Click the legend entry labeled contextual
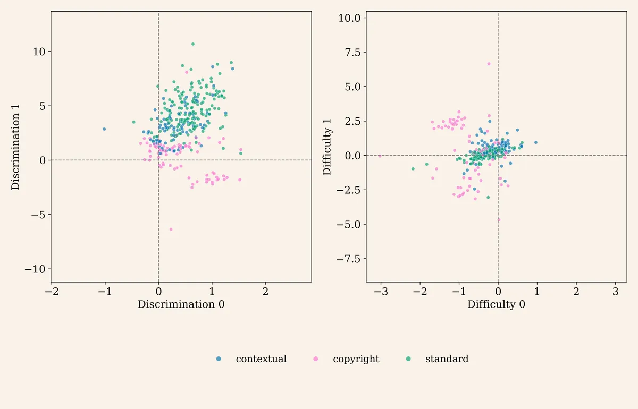[x=251, y=359]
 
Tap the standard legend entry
[x=437, y=359]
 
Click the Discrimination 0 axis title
[x=181, y=304]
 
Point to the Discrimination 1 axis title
[x=15, y=147]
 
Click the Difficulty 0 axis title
[x=496, y=304]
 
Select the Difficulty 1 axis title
[x=327, y=147]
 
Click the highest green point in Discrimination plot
[x=193, y=44]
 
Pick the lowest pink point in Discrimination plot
[x=171, y=229]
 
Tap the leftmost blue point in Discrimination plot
[x=104, y=129]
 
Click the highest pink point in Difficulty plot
[x=489, y=64]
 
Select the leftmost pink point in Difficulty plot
[x=380, y=156]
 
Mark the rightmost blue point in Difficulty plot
[x=536, y=142]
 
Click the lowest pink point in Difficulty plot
[x=499, y=220]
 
